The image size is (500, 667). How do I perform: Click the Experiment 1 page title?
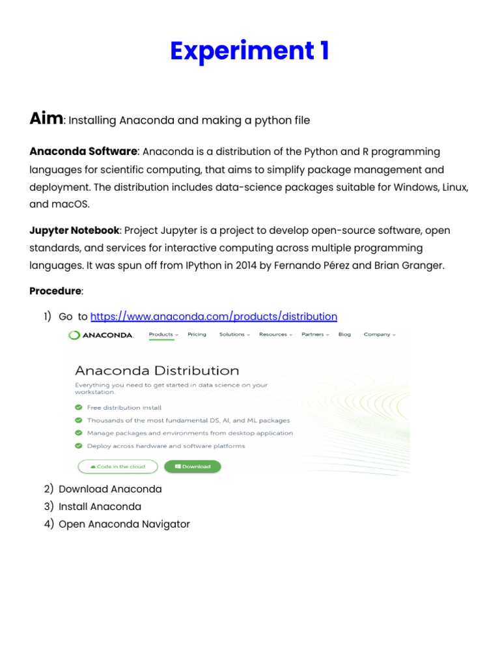[x=249, y=51]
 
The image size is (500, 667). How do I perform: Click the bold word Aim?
[x=46, y=119]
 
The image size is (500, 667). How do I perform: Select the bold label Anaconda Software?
[x=83, y=152]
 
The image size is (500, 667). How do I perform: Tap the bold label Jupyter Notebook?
[x=74, y=231]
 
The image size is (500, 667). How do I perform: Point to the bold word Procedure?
[x=55, y=291]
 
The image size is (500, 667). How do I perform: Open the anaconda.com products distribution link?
[x=214, y=317]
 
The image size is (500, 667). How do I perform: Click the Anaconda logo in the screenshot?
[x=101, y=335]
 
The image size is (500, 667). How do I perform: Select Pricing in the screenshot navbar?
[x=197, y=334]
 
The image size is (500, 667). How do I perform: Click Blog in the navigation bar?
[x=344, y=334]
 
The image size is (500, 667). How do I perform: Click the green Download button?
[x=192, y=466]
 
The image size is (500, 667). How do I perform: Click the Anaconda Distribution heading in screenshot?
[x=157, y=371]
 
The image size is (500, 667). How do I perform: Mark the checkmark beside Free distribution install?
[x=79, y=408]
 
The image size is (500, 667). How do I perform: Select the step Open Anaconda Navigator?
[x=124, y=524]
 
